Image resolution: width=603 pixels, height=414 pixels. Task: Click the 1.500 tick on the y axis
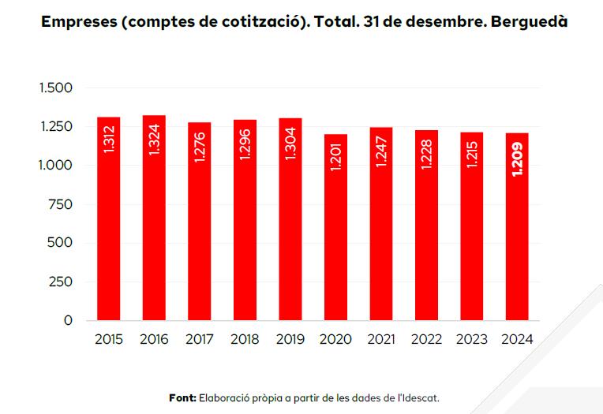pos(55,88)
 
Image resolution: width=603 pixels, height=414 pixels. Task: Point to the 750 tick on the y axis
pos(61,204)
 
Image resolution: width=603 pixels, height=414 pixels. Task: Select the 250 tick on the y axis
pos(61,282)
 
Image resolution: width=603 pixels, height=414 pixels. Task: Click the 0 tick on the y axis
pos(68,320)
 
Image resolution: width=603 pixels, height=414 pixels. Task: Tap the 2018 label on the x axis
pos(245,340)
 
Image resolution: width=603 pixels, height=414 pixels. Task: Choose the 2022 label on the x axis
pos(426,340)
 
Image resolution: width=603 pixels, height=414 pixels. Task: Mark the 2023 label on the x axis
pos(472,340)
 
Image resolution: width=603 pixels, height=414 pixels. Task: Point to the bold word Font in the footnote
pos(182,398)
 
